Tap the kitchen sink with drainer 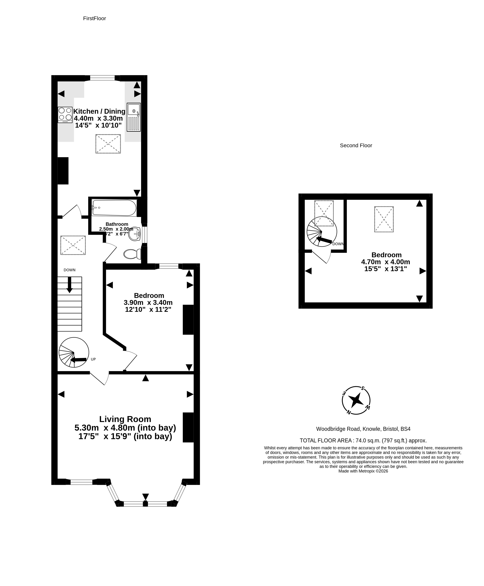point(134,117)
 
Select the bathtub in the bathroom point(114,208)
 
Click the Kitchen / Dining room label point(99,111)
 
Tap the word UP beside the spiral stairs point(93,359)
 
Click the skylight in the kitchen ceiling point(108,144)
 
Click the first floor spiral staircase point(74,352)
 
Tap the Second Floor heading point(356,145)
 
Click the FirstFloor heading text point(95,18)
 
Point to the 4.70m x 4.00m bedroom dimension point(386,262)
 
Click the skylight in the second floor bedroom point(384,219)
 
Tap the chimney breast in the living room point(188,427)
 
